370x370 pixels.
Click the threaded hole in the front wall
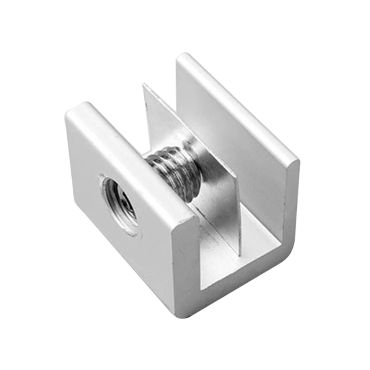tap(119, 202)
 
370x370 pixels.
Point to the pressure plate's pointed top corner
tap(144, 85)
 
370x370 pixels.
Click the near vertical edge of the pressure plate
tap(237, 215)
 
